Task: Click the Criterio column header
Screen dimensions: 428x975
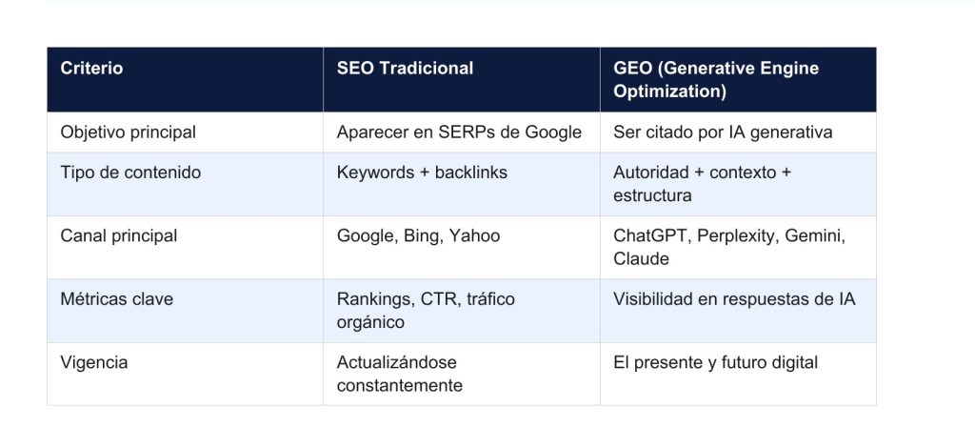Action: click(x=91, y=69)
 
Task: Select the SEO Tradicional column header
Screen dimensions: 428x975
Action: click(x=405, y=69)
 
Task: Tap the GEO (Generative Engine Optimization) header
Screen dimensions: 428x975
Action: click(x=715, y=80)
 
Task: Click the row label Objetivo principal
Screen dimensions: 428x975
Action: click(x=128, y=132)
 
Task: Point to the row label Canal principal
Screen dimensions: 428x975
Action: click(x=118, y=235)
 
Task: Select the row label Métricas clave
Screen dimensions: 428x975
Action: click(x=116, y=299)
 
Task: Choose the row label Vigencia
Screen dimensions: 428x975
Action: click(x=93, y=362)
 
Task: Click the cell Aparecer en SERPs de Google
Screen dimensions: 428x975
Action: click(x=459, y=132)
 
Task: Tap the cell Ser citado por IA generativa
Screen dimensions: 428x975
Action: click(x=723, y=132)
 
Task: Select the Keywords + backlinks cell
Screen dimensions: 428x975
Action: click(x=422, y=173)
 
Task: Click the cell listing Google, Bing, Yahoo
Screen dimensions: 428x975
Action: click(x=418, y=235)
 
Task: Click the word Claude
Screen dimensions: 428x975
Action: click(x=641, y=258)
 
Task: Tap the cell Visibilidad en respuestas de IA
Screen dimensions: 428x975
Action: click(x=734, y=299)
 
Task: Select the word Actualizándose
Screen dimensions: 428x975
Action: click(x=397, y=362)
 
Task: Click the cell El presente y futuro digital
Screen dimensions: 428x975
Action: click(x=715, y=362)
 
